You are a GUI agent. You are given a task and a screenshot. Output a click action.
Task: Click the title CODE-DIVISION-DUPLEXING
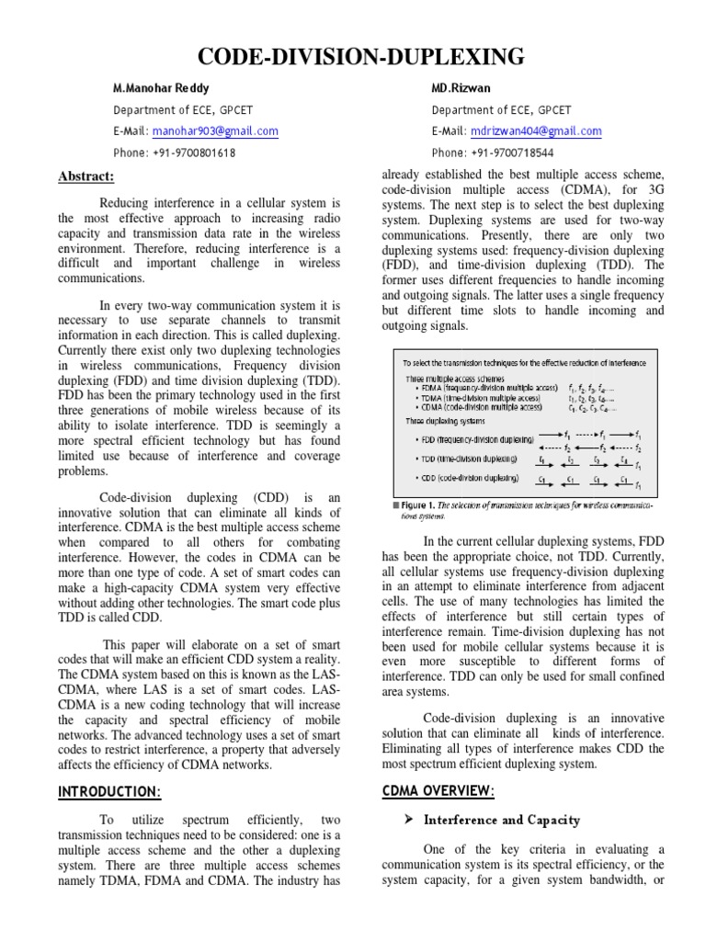352,57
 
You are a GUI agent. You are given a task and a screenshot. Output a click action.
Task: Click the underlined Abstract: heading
85,176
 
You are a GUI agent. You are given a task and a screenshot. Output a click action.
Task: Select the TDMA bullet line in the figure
473,399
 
